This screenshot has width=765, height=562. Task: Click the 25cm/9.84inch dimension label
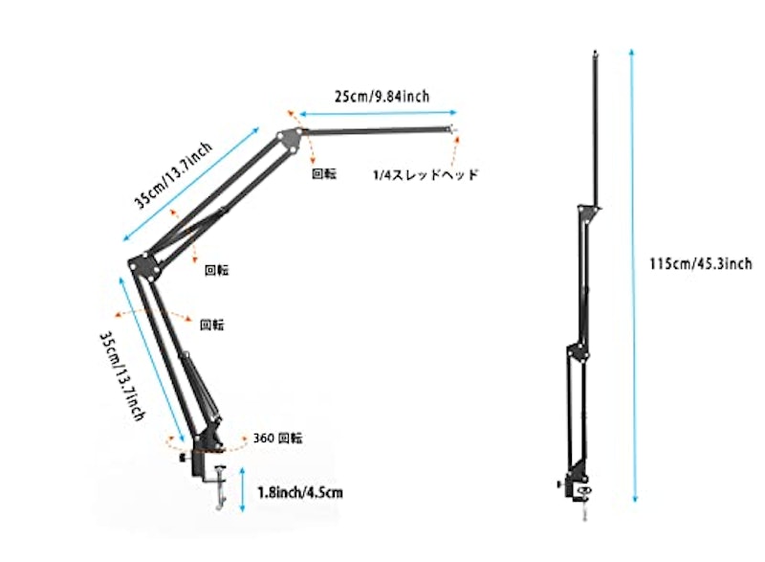pyautogui.click(x=382, y=96)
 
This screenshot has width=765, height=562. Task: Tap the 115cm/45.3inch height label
pyautogui.click(x=701, y=263)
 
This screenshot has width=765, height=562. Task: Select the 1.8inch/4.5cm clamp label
pyautogui.click(x=300, y=492)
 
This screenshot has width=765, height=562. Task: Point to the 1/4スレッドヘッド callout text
pyautogui.click(x=426, y=175)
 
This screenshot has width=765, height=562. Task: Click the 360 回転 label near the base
pyautogui.click(x=277, y=438)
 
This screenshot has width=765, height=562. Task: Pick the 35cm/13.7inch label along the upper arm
pyautogui.click(x=173, y=176)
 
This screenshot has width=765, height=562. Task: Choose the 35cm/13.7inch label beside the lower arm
pyautogui.click(x=122, y=376)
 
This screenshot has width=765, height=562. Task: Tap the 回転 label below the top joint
pyautogui.click(x=324, y=174)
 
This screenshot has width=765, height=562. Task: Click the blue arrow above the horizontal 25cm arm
pyautogui.click(x=378, y=113)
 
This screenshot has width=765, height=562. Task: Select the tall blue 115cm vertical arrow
pyautogui.click(x=633, y=276)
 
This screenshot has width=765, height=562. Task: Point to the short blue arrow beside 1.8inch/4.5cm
pyautogui.click(x=243, y=490)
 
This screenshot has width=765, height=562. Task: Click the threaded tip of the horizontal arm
pyautogui.click(x=452, y=129)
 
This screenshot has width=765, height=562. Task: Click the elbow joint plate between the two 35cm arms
pyautogui.click(x=145, y=266)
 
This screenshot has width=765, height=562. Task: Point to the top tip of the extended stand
pyautogui.click(x=595, y=52)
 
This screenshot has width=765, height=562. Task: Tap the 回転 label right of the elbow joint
pyautogui.click(x=217, y=270)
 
